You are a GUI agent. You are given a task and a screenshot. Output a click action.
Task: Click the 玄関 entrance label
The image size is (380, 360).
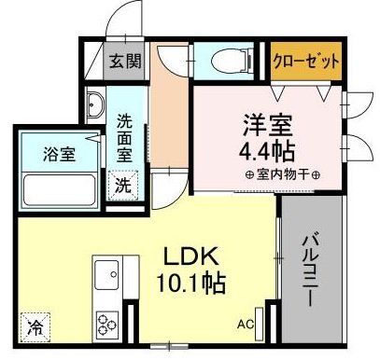(x=123, y=63)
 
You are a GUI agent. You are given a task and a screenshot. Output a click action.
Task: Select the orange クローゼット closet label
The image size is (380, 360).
(x=304, y=63)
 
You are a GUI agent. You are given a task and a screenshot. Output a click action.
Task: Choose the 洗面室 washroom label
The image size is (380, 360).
(x=124, y=138)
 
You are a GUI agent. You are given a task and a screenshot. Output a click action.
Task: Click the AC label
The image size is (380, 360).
(x=244, y=325)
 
